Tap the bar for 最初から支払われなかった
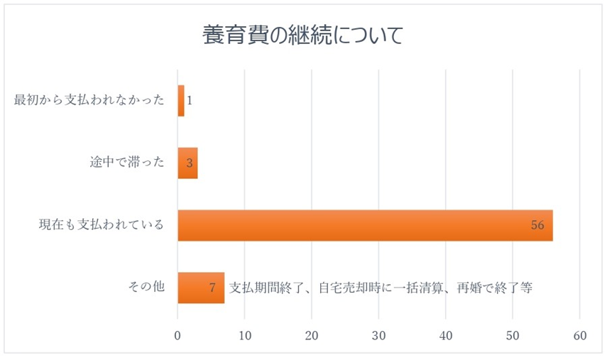click(181, 101)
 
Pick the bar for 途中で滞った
click(187, 163)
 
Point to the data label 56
click(537, 225)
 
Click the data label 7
click(212, 288)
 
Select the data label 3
click(190, 163)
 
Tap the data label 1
click(190, 101)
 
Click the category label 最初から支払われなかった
click(89, 101)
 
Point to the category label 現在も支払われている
click(101, 225)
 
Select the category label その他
click(146, 288)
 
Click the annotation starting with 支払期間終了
click(381, 288)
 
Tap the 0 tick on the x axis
click(177, 335)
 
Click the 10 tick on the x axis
click(245, 335)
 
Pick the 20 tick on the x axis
click(312, 335)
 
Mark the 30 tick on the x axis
click(379, 335)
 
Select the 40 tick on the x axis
click(446, 335)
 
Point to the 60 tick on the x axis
click(580, 335)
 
